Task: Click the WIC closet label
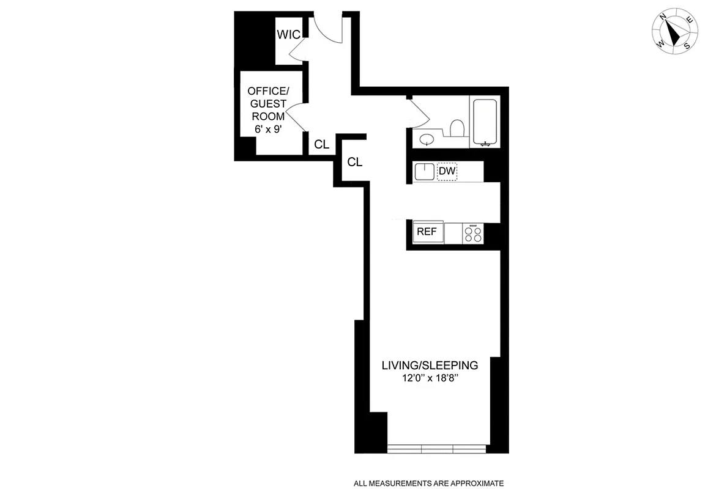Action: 288,35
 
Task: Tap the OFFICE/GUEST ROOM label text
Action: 266,103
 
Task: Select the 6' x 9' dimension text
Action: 266,129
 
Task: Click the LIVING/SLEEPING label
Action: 430,366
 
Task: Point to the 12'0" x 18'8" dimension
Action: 430,379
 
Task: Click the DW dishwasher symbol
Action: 447,172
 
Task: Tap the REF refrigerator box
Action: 427,232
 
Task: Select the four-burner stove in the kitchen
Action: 472,233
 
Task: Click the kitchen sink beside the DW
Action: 425,172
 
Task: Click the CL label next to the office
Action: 322,145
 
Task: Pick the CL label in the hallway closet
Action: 355,162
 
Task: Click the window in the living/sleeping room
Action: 437,449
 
